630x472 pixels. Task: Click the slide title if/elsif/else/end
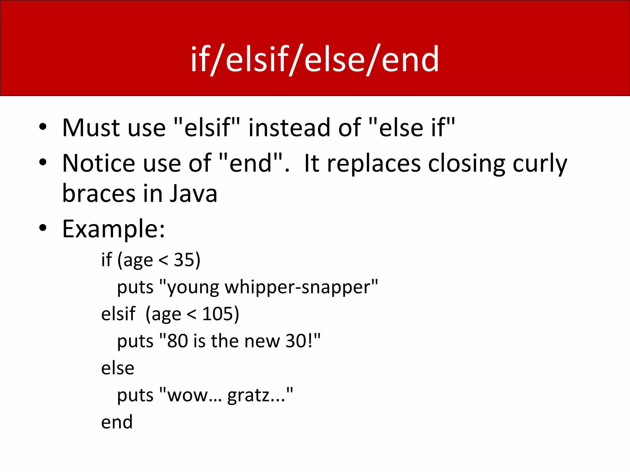(x=315, y=59)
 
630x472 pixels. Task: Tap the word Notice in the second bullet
(x=98, y=163)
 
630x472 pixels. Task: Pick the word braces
(x=98, y=194)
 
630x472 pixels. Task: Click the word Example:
(x=114, y=229)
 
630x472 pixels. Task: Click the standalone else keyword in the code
(x=118, y=368)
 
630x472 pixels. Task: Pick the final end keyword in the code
(x=117, y=422)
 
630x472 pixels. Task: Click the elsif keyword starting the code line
(x=118, y=314)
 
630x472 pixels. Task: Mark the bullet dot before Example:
(x=43, y=228)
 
